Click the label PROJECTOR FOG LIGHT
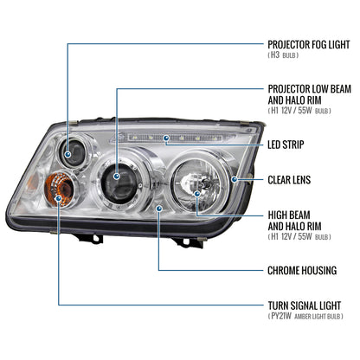(308, 42)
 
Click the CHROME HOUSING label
(301, 271)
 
